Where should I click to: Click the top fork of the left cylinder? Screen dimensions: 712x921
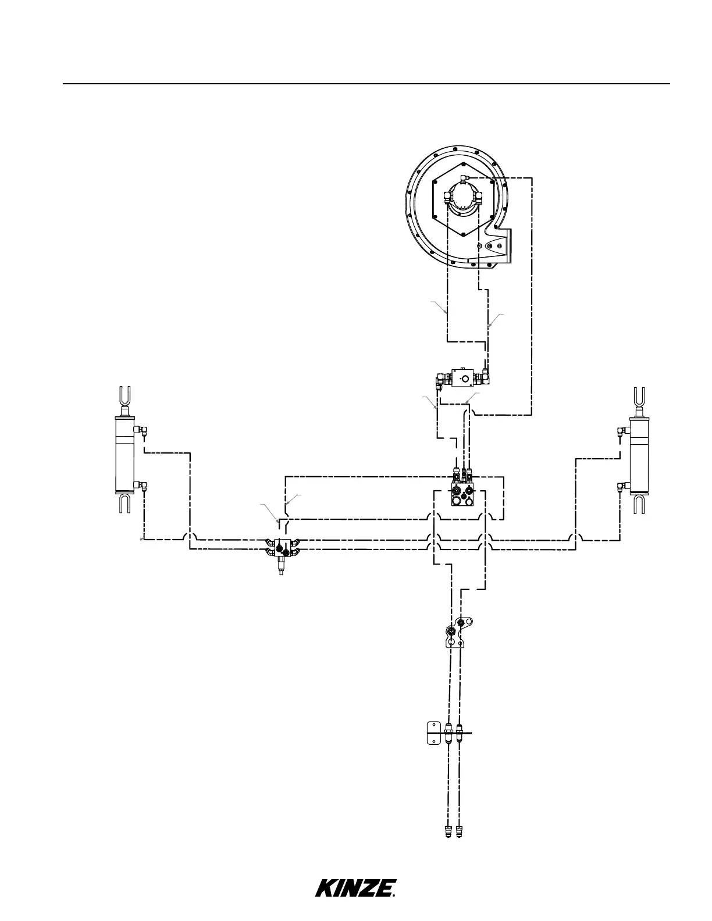124,396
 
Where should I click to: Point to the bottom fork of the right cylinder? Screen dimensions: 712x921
639,504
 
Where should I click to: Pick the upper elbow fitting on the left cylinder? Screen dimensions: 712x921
141,430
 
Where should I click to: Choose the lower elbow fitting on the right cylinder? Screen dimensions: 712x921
624,486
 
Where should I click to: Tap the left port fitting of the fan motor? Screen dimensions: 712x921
448,197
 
